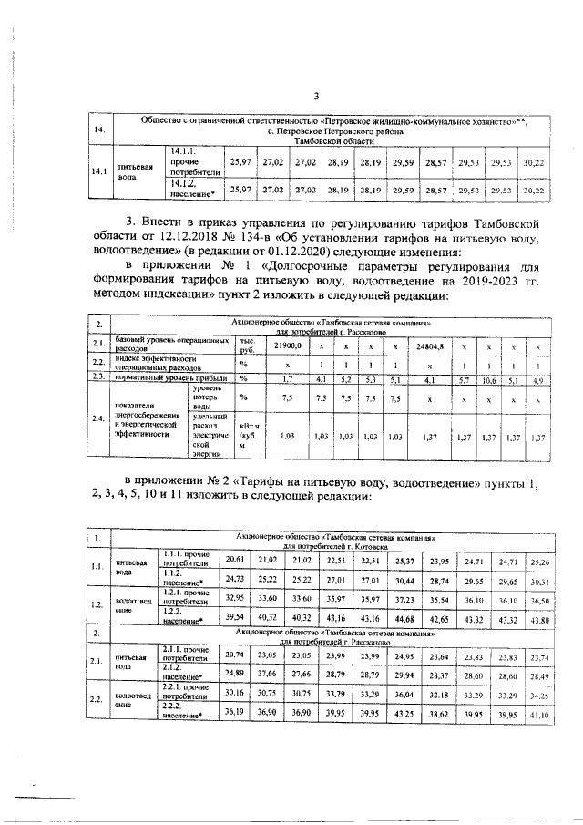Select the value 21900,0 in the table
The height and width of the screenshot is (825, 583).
click(288, 347)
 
